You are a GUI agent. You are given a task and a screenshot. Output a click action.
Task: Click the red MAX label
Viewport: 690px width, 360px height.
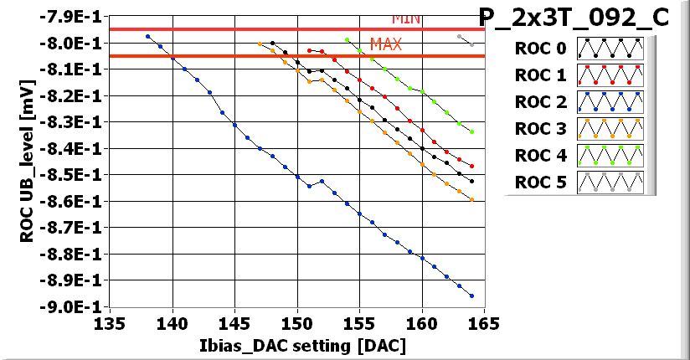(x=385, y=44)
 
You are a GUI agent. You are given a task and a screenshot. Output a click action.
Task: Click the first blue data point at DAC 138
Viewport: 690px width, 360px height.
(x=147, y=37)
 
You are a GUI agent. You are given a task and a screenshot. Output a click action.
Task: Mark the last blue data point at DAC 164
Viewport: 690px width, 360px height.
(x=472, y=296)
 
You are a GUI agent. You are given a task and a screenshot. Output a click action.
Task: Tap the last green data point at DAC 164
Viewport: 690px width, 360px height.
(x=472, y=131)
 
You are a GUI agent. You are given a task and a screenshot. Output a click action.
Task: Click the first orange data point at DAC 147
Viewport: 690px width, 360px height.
(x=260, y=44)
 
